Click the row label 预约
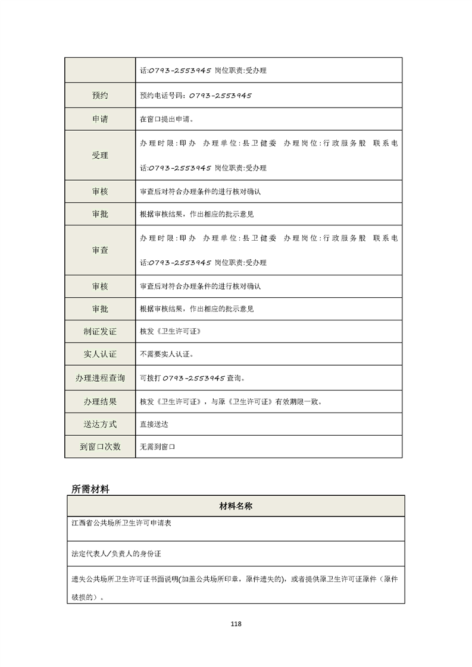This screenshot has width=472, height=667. tap(100, 95)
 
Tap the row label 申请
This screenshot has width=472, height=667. tap(100, 119)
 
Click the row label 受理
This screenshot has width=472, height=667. tap(100, 156)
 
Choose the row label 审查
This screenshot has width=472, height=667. tap(100, 250)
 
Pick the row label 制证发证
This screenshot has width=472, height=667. tap(100, 331)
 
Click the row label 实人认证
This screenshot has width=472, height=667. tap(100, 354)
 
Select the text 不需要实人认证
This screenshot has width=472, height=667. tap(167, 354)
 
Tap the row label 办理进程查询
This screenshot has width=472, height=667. tap(100, 378)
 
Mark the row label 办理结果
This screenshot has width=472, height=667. tap(100, 402)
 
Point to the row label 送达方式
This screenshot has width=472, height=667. tap(100, 424)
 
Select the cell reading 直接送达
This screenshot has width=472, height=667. tap(154, 425)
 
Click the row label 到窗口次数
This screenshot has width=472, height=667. tap(100, 446)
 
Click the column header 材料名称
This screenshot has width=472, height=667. tap(236, 506)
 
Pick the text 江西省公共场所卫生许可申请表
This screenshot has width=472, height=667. tap(121, 524)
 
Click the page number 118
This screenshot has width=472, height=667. tap(236, 624)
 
